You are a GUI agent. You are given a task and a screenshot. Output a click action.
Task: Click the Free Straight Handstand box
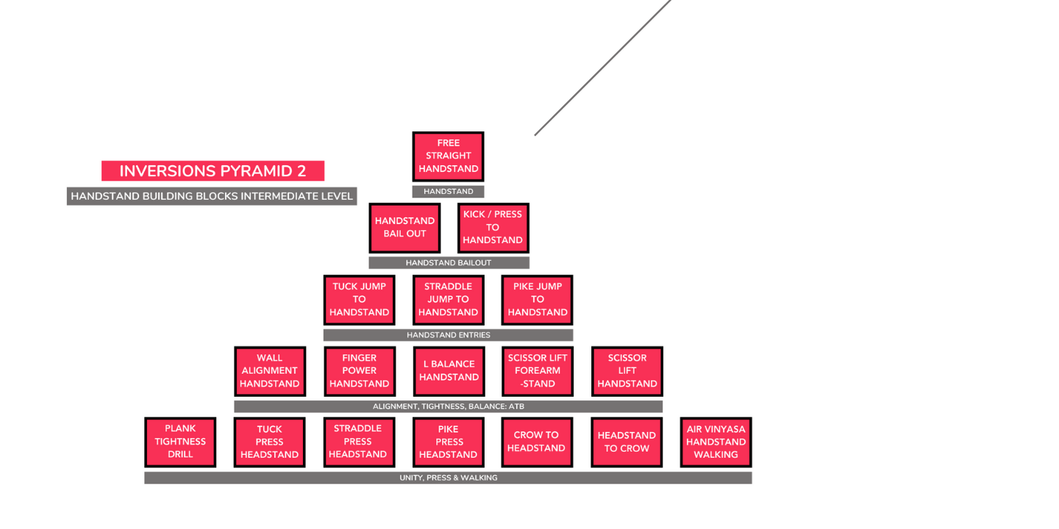pos(448,156)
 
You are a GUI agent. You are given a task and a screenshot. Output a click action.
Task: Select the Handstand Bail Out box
pos(404,228)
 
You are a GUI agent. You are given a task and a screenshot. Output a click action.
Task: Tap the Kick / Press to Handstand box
pos(493,228)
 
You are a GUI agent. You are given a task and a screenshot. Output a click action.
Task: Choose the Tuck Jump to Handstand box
pos(359,300)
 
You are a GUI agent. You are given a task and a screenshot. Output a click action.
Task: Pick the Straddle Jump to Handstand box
pos(448,300)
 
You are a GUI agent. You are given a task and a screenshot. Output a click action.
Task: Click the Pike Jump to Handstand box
pos(538,300)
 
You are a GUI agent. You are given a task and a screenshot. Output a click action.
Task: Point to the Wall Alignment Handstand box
pos(269,371)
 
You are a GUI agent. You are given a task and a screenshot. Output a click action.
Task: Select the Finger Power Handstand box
pos(359,371)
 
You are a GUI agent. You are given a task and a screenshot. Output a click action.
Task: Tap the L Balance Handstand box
pos(449,371)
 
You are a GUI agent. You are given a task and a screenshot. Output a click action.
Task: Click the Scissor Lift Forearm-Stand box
pos(538,371)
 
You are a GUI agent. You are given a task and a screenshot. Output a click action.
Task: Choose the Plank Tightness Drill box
pos(180,442)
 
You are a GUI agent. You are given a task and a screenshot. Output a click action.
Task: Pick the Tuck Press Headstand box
pos(269,442)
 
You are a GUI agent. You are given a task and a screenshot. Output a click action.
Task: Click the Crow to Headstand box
pos(537,442)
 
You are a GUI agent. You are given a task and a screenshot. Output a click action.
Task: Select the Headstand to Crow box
pos(627,442)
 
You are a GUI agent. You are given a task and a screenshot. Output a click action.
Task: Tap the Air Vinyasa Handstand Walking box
pos(716,442)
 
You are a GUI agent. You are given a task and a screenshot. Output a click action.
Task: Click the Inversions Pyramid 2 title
pos(213,171)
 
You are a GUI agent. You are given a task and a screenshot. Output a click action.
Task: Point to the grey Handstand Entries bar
pos(448,335)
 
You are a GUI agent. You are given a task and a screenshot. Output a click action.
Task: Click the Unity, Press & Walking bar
pos(448,478)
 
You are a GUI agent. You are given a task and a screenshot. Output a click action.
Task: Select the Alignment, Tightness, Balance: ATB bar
pos(448,406)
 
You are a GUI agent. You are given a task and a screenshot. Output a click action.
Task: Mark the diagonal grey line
pos(603,68)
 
